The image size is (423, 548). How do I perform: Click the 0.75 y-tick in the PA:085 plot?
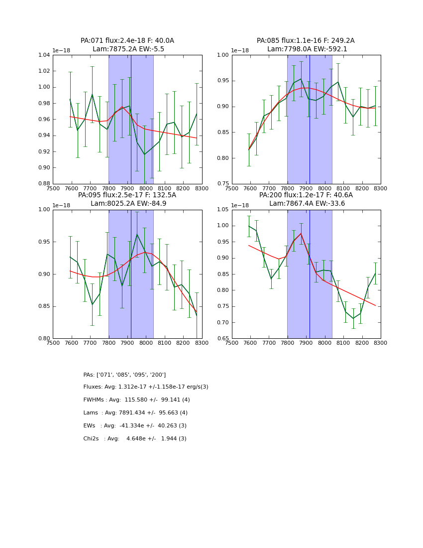222,184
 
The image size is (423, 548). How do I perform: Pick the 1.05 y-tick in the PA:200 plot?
222,210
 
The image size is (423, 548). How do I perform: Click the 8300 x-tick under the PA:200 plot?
381,343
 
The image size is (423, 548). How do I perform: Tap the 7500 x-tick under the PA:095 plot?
53,343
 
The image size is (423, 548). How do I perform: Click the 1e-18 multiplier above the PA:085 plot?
240,50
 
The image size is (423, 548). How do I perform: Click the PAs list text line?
124,375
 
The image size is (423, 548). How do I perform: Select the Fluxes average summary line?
146,387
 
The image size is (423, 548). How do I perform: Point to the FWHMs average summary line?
136,400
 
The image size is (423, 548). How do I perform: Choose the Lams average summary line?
135,413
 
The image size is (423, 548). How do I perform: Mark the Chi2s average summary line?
135,439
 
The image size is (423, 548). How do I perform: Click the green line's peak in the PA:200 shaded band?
301,233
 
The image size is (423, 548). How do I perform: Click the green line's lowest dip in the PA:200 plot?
353,318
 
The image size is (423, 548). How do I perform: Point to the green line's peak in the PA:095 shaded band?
137,234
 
